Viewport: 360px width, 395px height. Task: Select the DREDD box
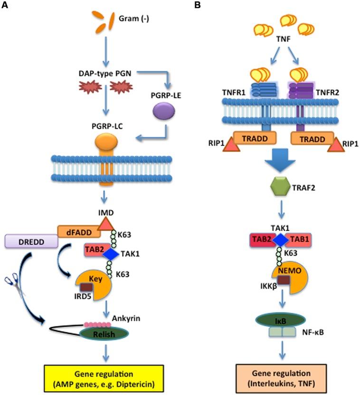pyautogui.click(x=28, y=241)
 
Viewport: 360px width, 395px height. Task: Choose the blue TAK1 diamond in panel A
pyautogui.click(x=111, y=255)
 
